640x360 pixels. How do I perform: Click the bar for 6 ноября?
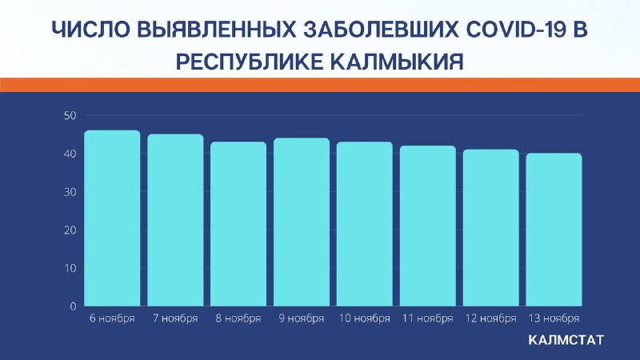[x=112, y=218]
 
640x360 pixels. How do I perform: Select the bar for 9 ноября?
[x=302, y=222]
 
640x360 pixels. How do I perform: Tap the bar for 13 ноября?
[x=554, y=230]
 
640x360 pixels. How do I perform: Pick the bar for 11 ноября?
[x=428, y=226]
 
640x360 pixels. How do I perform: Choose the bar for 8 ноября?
[x=238, y=224]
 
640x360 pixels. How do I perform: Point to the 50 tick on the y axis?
[x=70, y=116]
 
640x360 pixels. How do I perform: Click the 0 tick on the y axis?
[x=73, y=306]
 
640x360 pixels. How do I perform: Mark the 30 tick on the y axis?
[x=70, y=192]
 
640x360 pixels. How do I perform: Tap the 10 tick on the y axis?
[x=70, y=268]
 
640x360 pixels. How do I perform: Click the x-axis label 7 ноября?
[x=175, y=318]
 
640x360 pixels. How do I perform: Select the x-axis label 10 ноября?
[x=365, y=318]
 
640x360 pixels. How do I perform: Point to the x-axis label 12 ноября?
[x=491, y=318]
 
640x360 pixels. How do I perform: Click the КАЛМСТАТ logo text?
[x=566, y=340]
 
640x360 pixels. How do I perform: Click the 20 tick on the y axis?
[x=70, y=230]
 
